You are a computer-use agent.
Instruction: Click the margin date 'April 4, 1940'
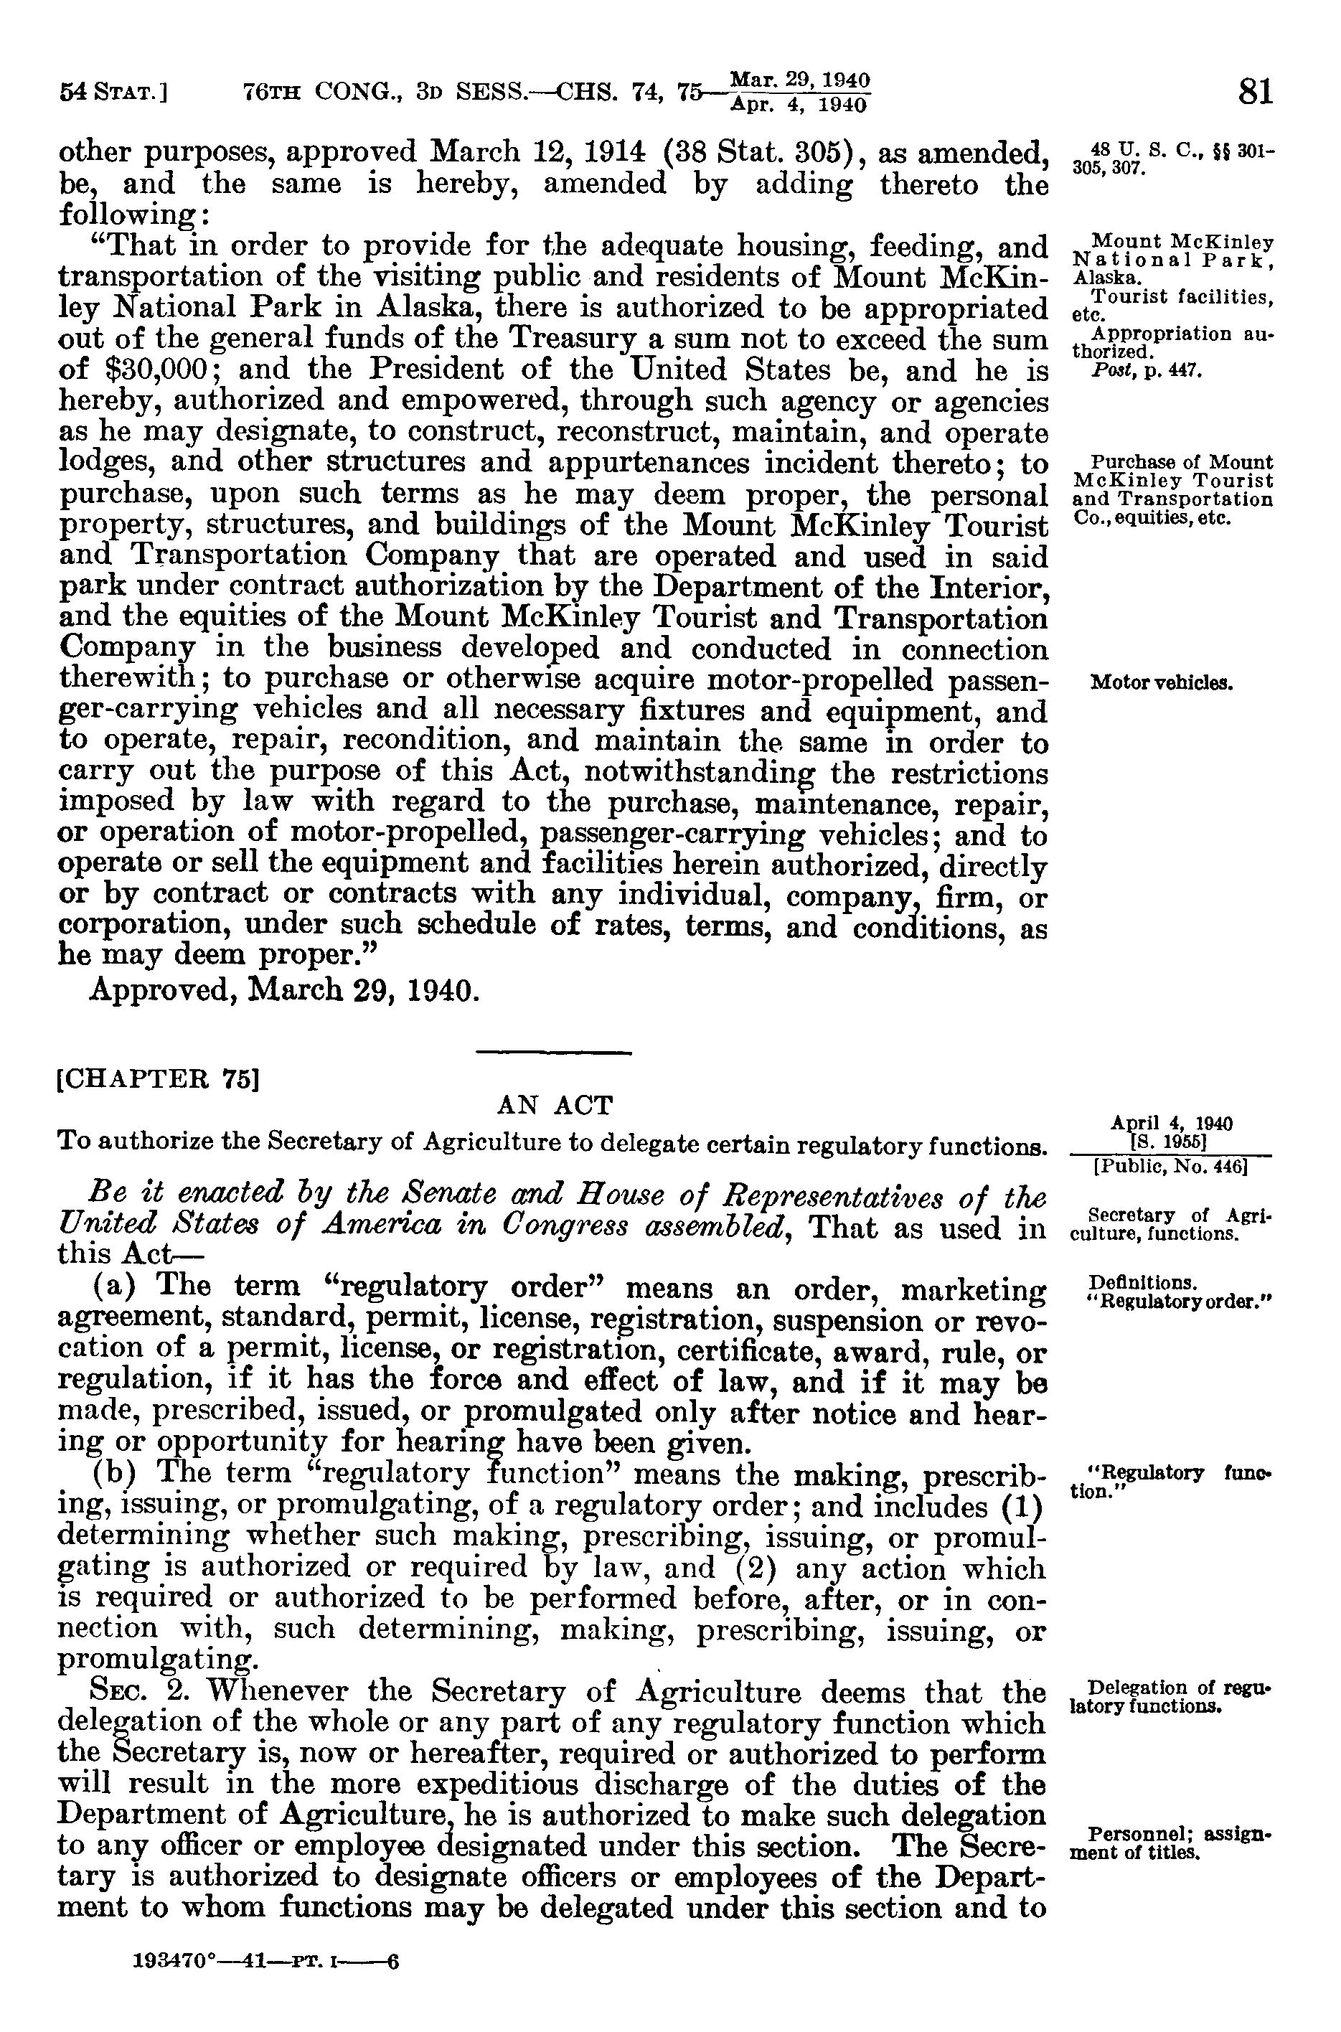pyautogui.click(x=1171, y=1123)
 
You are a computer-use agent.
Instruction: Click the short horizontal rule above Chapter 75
pyautogui.click(x=553, y=1052)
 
